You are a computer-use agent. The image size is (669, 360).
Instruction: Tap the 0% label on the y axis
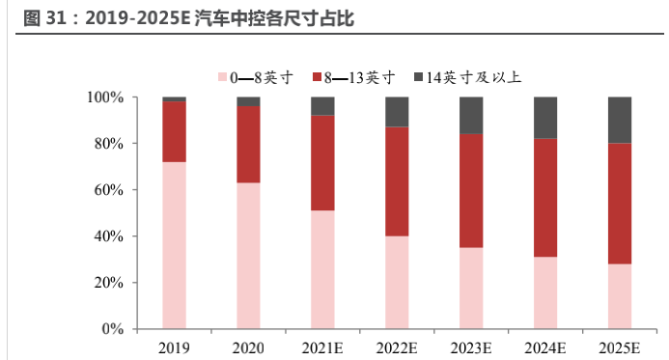[x=112, y=329]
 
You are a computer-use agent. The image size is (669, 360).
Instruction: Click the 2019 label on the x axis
[x=174, y=346]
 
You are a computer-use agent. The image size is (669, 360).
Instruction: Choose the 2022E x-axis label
[x=397, y=346]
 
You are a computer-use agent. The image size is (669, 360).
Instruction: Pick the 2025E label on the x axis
[x=620, y=346]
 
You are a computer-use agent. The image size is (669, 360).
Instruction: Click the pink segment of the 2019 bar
[x=174, y=245]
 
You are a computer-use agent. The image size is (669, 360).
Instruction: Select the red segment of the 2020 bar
[x=248, y=145]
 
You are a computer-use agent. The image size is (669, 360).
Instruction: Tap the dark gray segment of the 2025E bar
[x=620, y=120]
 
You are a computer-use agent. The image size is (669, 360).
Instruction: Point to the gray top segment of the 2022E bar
[x=397, y=112]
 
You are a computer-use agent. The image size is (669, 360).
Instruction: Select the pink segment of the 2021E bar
[x=322, y=269]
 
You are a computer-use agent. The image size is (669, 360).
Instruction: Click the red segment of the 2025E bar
[x=620, y=204]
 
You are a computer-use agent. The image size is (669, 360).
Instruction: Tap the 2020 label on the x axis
[x=248, y=346]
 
